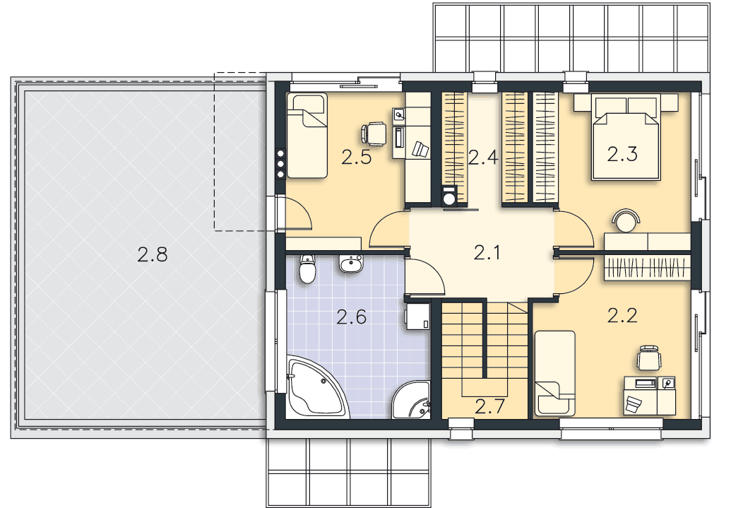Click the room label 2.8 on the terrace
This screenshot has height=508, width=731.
coord(153,255)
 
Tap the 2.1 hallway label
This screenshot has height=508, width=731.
coord(487,253)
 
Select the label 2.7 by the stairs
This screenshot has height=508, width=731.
coord(489,407)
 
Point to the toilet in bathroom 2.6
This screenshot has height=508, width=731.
coord(307,269)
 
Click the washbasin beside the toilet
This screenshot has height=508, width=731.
coord(350,264)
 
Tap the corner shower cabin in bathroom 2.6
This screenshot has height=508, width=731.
coord(412,400)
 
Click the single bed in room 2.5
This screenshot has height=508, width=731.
coord(307,135)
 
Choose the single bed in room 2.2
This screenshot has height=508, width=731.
coord(554,373)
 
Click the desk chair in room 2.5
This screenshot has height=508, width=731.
coord(373,134)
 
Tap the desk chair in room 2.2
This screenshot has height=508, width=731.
coord(649,358)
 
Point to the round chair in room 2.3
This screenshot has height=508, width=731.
coord(626,221)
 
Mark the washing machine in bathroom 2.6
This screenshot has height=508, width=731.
coord(417,317)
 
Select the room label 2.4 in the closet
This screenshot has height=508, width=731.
coord(483,158)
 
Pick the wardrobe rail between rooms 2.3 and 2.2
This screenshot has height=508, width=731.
coord(647,268)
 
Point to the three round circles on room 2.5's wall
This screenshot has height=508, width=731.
coord(280,163)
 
